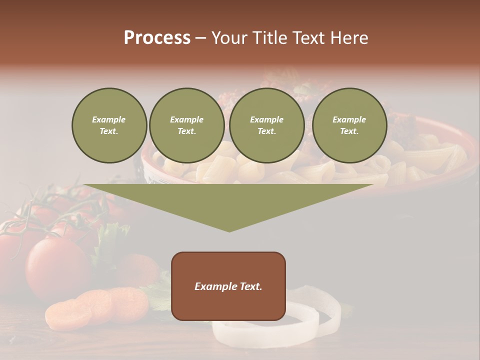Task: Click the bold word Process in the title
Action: [x=157, y=38]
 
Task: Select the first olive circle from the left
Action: [x=109, y=125]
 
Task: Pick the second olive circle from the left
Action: [x=186, y=125]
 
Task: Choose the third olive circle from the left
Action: [x=266, y=125]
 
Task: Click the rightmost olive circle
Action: [x=349, y=125]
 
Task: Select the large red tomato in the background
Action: [x=57, y=267]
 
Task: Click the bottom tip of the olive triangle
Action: [x=229, y=230]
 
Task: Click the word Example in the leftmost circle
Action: [x=109, y=119]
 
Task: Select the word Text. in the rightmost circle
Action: [x=349, y=131]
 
